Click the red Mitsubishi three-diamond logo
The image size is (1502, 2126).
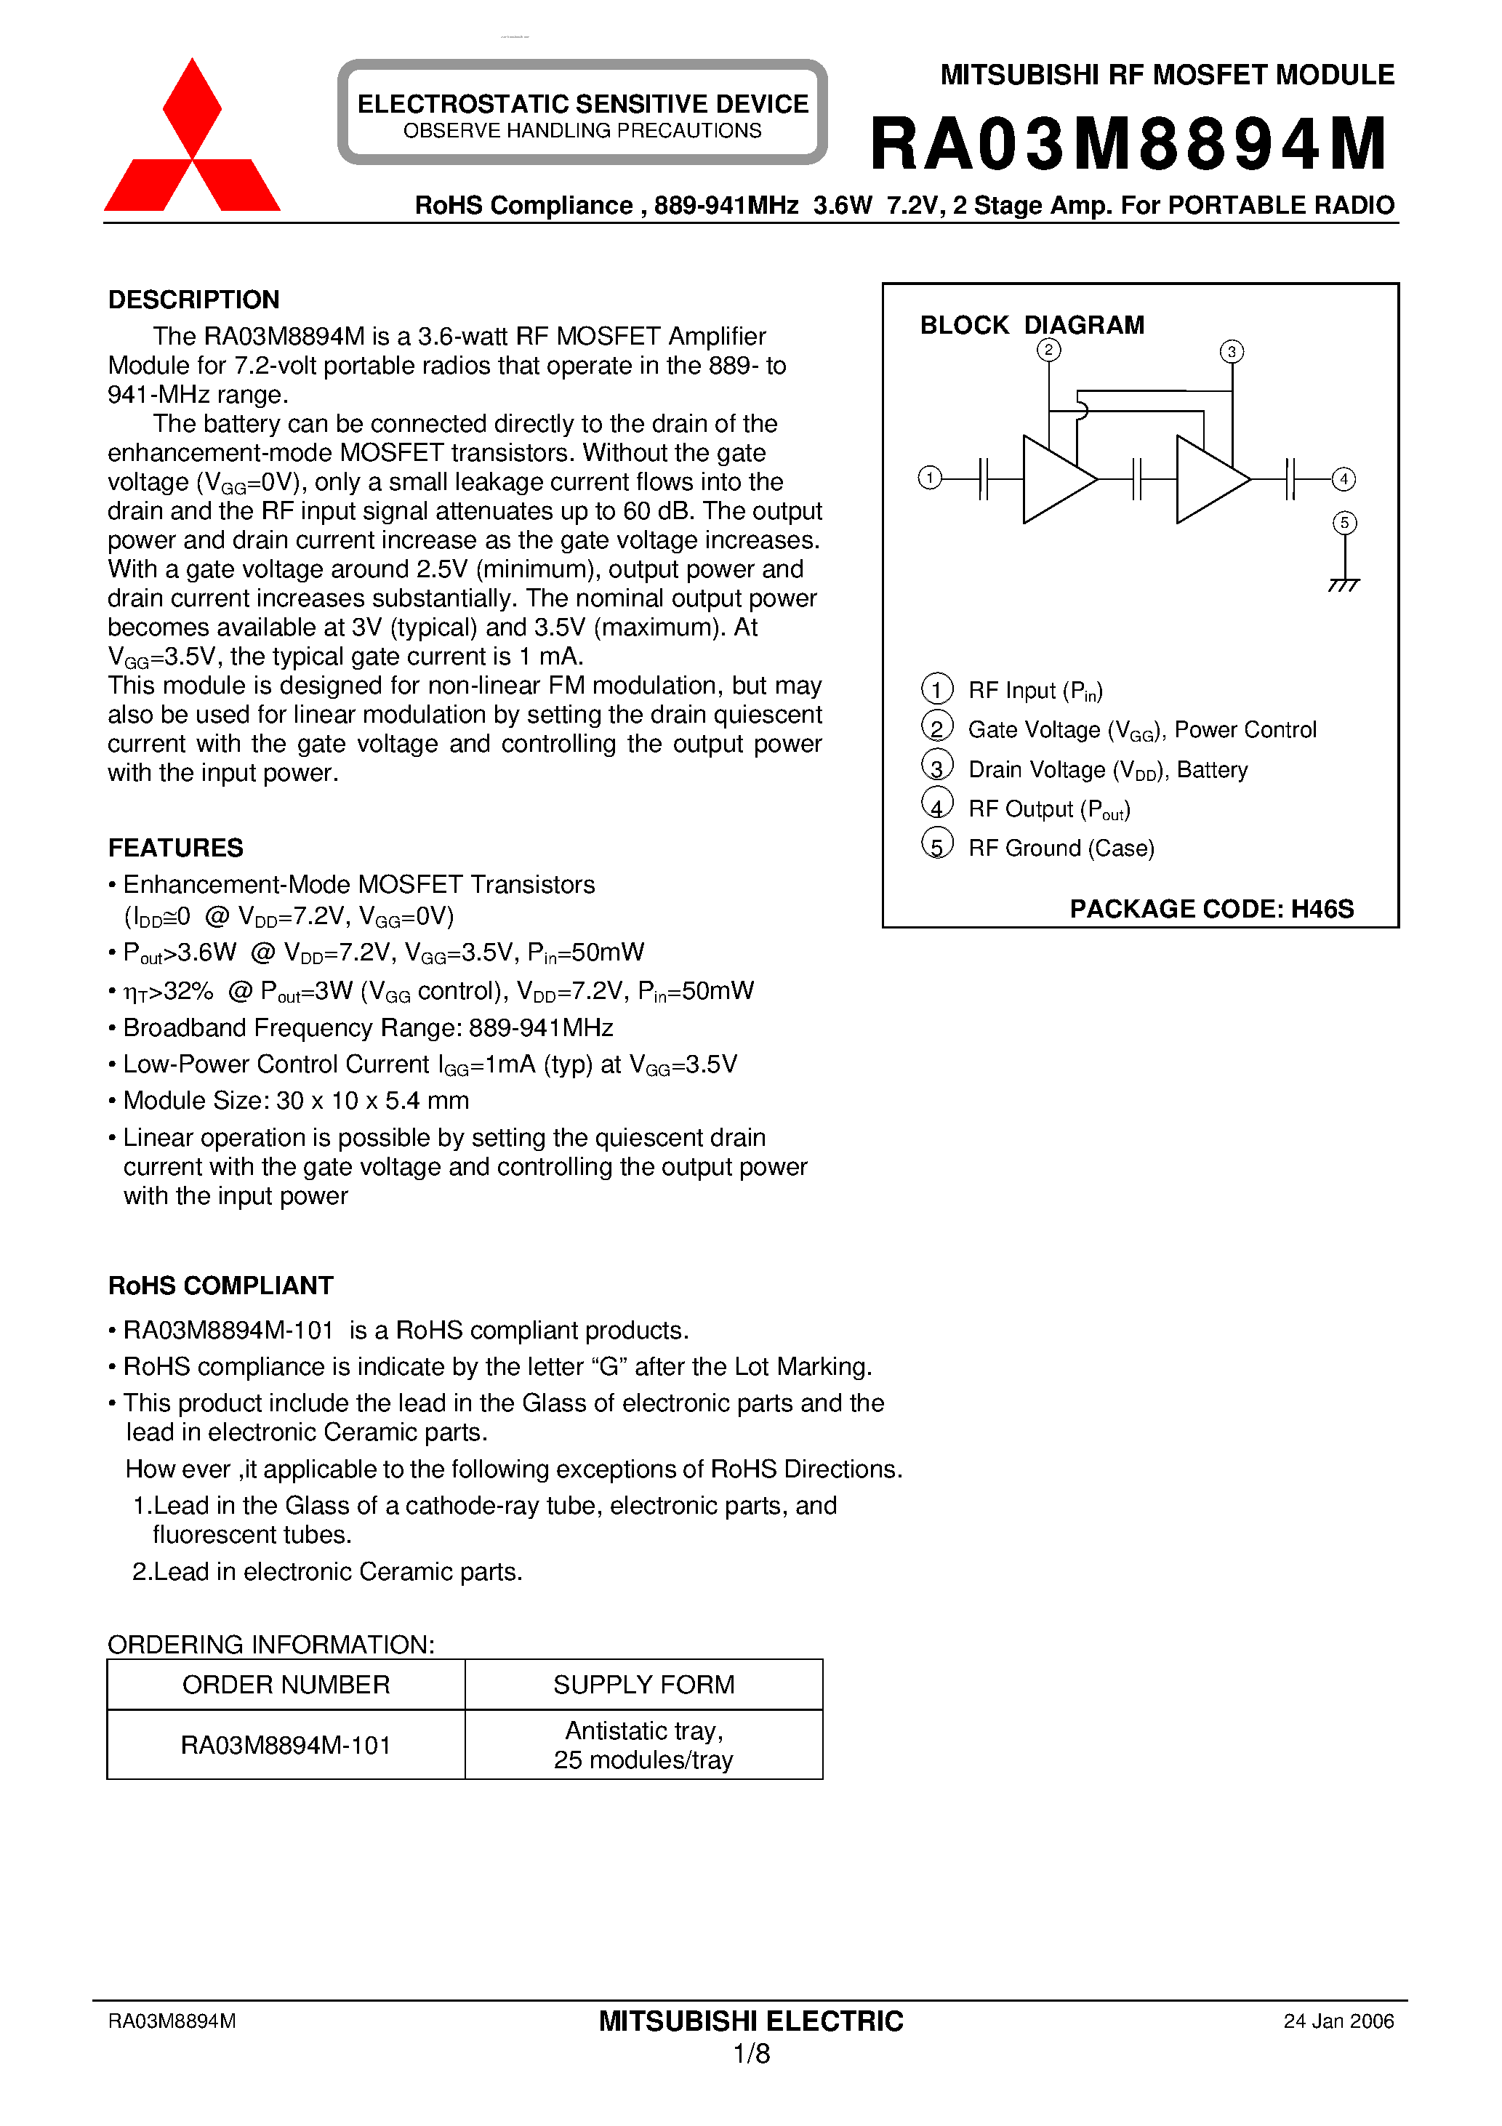tap(192, 139)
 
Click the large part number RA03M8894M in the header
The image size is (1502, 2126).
tap(1128, 145)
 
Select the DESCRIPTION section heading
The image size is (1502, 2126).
tap(193, 300)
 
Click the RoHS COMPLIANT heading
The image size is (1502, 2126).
tap(220, 1285)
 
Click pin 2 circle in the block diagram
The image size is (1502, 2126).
tap(1048, 350)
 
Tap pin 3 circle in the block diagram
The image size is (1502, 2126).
tap(1231, 352)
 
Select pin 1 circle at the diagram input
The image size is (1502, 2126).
tap(930, 478)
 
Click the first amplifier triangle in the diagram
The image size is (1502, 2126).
tap(1054, 480)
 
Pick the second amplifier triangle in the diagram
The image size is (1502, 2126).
tap(1208, 480)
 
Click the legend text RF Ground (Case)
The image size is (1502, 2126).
tap(1061, 849)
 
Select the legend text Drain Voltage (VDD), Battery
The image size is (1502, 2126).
tap(1107, 769)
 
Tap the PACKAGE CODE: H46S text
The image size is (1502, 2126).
tap(1211, 908)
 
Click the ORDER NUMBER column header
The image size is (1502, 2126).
tap(286, 1685)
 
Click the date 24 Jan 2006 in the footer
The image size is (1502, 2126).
tap(1338, 2021)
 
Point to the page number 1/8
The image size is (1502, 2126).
tap(751, 2054)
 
